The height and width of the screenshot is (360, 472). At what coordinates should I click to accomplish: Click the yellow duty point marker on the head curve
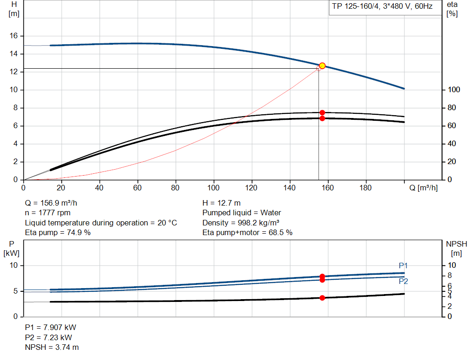pos(322,65)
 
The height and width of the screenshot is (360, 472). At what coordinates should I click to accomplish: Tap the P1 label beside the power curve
pos(403,266)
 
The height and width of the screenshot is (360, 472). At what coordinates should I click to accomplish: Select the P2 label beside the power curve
pos(403,281)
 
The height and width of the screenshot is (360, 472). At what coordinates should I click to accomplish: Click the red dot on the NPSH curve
pos(322,298)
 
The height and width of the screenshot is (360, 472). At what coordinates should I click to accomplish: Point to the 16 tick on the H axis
pos(13,36)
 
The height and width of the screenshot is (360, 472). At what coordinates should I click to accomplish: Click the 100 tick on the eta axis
pos(454,90)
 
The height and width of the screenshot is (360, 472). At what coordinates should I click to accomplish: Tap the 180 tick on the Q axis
pos(366,188)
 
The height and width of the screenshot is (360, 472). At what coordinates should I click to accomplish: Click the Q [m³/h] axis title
pos(423,188)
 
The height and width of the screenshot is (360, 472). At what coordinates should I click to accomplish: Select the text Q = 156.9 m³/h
pos(51,203)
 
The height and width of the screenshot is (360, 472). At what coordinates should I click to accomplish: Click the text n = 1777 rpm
pos(47,213)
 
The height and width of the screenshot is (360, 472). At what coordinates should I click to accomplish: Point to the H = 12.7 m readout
pos(221,203)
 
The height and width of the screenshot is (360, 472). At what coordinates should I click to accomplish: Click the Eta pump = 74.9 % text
pos(58,232)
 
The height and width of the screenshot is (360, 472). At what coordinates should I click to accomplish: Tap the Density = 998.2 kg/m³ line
pos(241,223)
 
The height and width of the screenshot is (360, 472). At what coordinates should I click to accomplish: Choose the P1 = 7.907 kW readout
pos(51,327)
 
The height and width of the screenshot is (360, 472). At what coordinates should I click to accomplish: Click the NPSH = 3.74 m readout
pos(52,347)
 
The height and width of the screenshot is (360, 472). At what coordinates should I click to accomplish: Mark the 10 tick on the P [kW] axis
pos(13,265)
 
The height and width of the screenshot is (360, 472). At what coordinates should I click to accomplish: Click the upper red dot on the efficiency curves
pos(322,112)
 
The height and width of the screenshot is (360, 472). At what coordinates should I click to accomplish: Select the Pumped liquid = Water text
pos(242,213)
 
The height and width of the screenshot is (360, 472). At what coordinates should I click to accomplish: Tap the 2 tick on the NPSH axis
pos(450,306)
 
